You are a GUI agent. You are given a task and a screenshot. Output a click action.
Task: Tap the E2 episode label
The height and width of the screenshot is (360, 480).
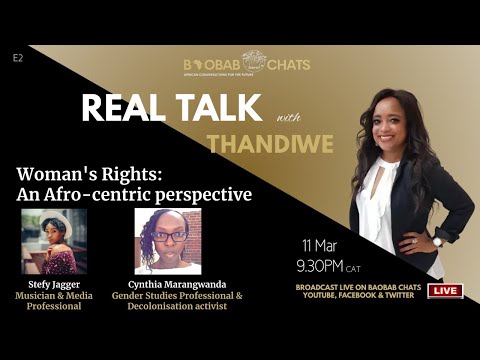pos(18,58)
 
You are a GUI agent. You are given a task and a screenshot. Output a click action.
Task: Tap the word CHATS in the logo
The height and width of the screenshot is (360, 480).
pos(288,65)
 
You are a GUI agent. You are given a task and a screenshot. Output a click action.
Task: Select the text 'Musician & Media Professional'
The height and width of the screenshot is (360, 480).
pos(53,302)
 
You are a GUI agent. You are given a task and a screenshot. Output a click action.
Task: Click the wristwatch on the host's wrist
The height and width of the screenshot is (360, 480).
pos(438,241)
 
